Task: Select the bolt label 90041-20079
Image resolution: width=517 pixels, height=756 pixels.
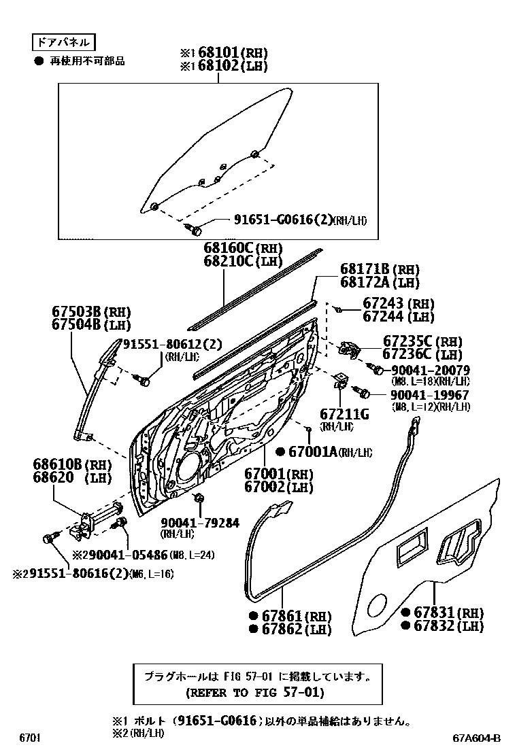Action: click(x=430, y=370)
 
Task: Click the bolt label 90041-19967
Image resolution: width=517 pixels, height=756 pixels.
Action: click(x=430, y=395)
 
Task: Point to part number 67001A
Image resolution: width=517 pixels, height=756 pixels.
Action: click(x=313, y=451)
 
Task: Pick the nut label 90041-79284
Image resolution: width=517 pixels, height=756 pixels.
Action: click(x=200, y=522)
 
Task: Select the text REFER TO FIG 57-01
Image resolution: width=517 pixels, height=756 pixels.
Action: click(x=254, y=693)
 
